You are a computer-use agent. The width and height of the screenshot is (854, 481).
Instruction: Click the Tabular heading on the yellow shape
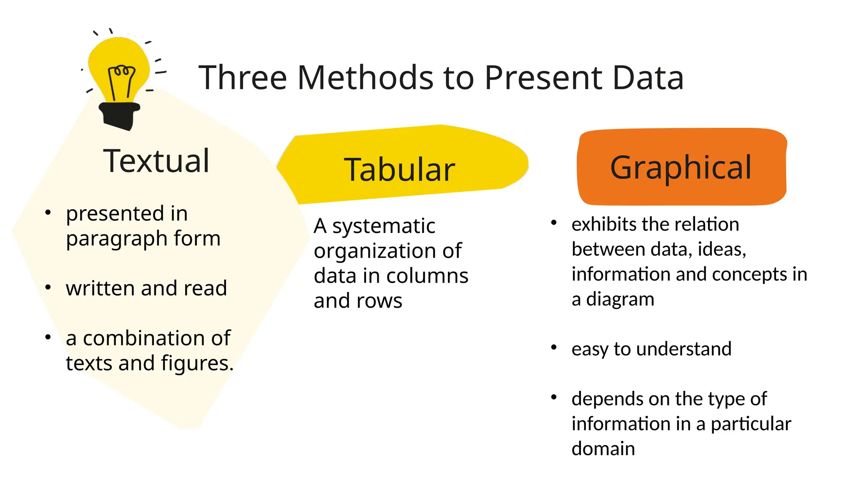pos(399,170)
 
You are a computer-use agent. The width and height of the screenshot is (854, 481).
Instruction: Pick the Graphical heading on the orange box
pos(681,167)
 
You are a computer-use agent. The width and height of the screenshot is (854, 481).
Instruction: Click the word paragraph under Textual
pos(117,239)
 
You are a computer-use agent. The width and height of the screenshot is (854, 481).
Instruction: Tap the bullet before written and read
pos(48,288)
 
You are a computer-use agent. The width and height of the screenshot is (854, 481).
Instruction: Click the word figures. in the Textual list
pos(197,363)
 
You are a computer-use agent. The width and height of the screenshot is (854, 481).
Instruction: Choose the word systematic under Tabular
pos(384,226)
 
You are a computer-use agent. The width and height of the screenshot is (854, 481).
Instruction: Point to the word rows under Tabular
pos(379,301)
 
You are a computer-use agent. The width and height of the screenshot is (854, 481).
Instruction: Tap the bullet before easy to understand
pos(554,347)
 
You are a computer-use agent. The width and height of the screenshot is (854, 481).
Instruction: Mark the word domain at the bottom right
pos(603,448)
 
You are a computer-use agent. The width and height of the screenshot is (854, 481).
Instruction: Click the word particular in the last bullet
pos(751,424)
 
